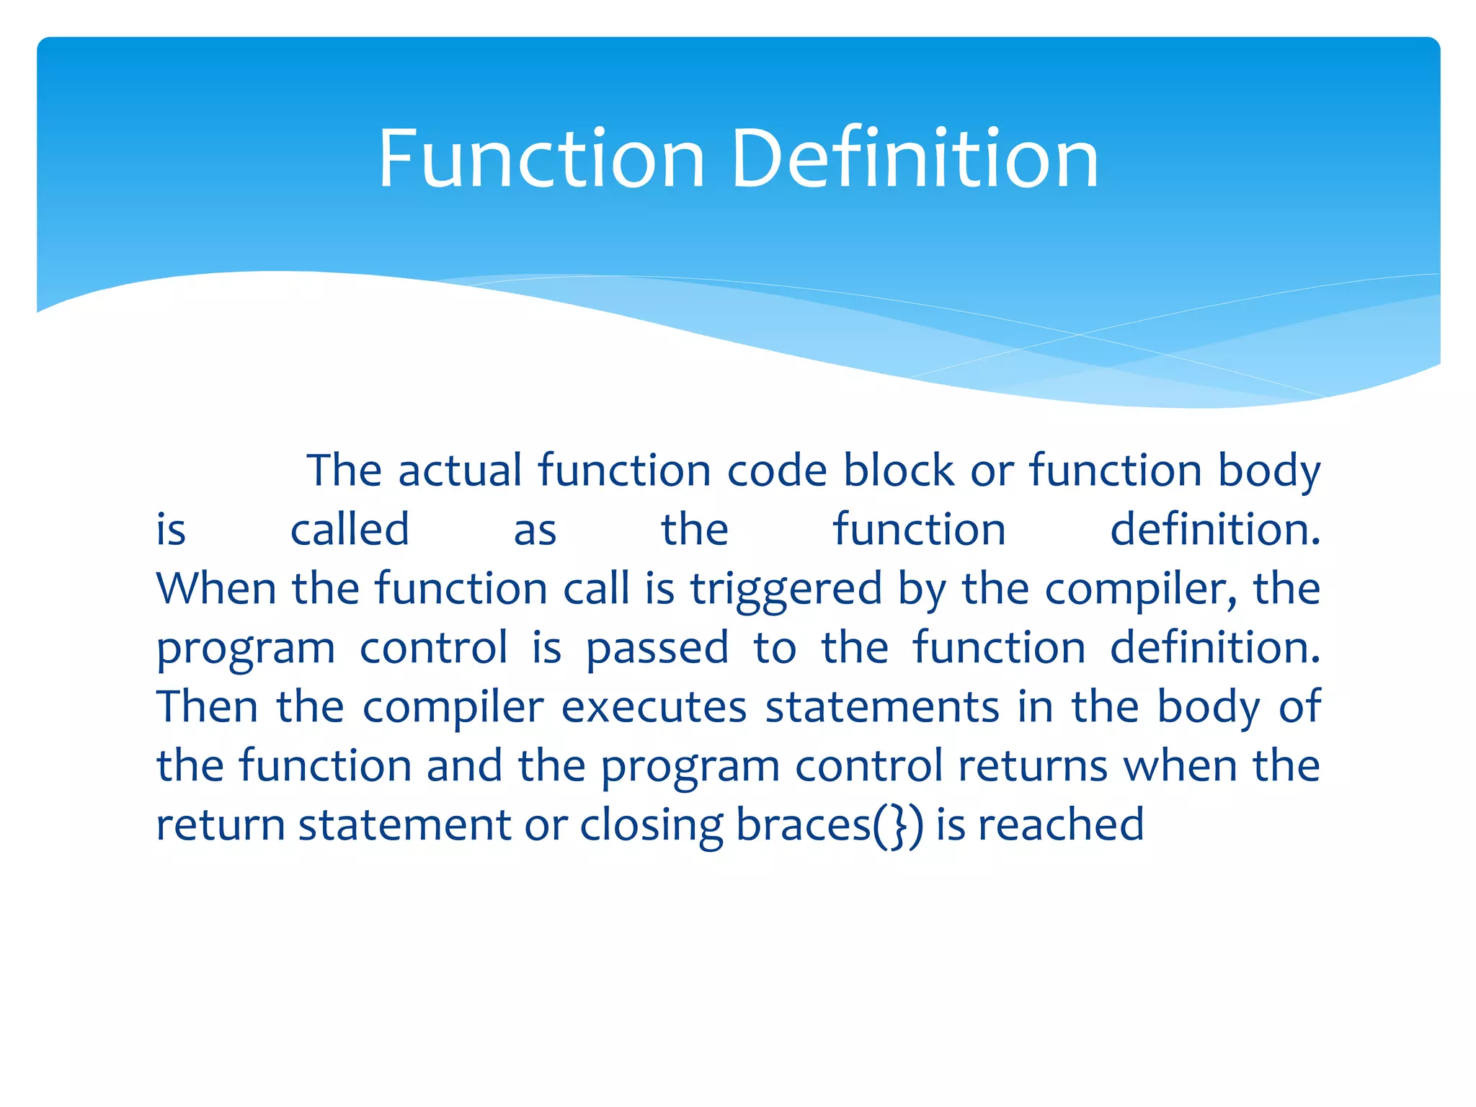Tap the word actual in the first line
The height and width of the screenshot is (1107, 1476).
[460, 471]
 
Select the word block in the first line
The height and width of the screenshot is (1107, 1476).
[898, 471]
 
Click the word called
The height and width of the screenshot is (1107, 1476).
[350, 530]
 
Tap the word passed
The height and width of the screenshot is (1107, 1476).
[657, 649]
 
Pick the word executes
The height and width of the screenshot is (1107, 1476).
[654, 708]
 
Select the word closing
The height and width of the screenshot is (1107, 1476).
[652, 826]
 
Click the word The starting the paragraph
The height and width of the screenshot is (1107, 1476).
[344, 471]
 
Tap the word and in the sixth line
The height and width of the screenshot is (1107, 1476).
[464, 766]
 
